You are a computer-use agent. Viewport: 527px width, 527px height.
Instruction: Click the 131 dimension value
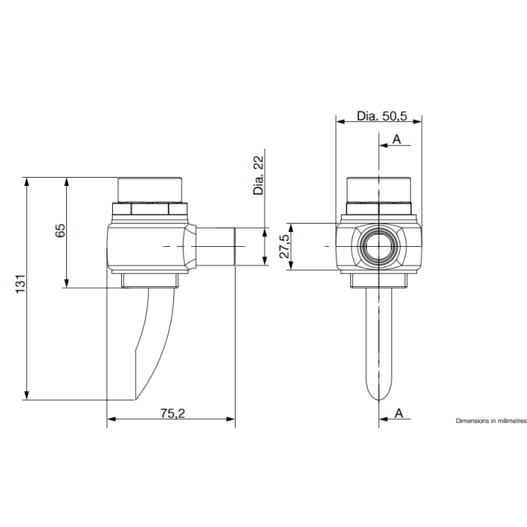(20, 284)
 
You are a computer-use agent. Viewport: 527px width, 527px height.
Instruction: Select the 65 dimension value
(60, 230)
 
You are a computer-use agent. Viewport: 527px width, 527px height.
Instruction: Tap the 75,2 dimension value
(172, 413)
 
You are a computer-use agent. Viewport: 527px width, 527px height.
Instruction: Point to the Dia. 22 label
(259, 175)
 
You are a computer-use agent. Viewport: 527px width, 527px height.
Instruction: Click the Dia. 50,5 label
(382, 116)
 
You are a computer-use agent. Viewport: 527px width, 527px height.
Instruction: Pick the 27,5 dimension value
(285, 246)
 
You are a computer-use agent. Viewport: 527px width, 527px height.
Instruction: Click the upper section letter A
(397, 139)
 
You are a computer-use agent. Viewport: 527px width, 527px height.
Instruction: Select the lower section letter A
(398, 413)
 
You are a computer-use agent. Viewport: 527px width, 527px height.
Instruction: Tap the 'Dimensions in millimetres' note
(491, 421)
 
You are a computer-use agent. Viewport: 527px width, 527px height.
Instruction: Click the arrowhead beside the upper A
(383, 145)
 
